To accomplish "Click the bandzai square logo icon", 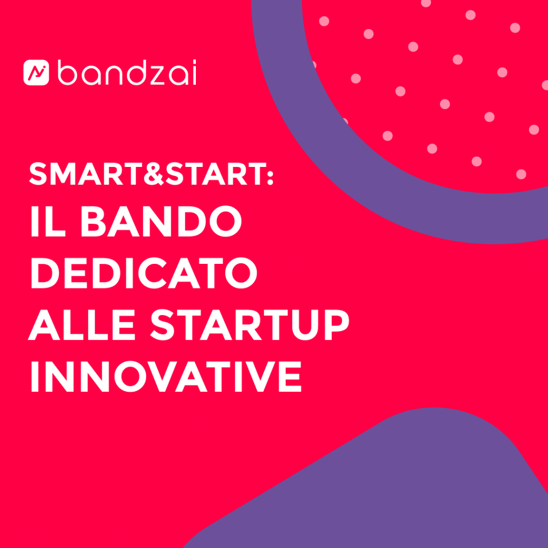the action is (x=36, y=72).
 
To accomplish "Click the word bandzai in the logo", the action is (x=126, y=72).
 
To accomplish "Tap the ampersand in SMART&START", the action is (x=154, y=174).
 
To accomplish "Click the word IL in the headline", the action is (x=48, y=221).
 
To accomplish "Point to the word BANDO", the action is (x=161, y=221).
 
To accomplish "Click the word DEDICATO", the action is (x=144, y=273).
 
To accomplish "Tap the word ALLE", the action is (x=81, y=324).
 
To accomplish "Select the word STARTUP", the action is (x=250, y=324).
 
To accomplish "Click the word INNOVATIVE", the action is (x=166, y=376).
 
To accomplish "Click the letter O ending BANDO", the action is (x=225, y=221).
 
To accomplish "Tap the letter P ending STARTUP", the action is (x=337, y=324).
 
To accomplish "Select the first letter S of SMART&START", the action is (x=38, y=174).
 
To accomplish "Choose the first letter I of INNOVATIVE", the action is (x=35, y=376).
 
